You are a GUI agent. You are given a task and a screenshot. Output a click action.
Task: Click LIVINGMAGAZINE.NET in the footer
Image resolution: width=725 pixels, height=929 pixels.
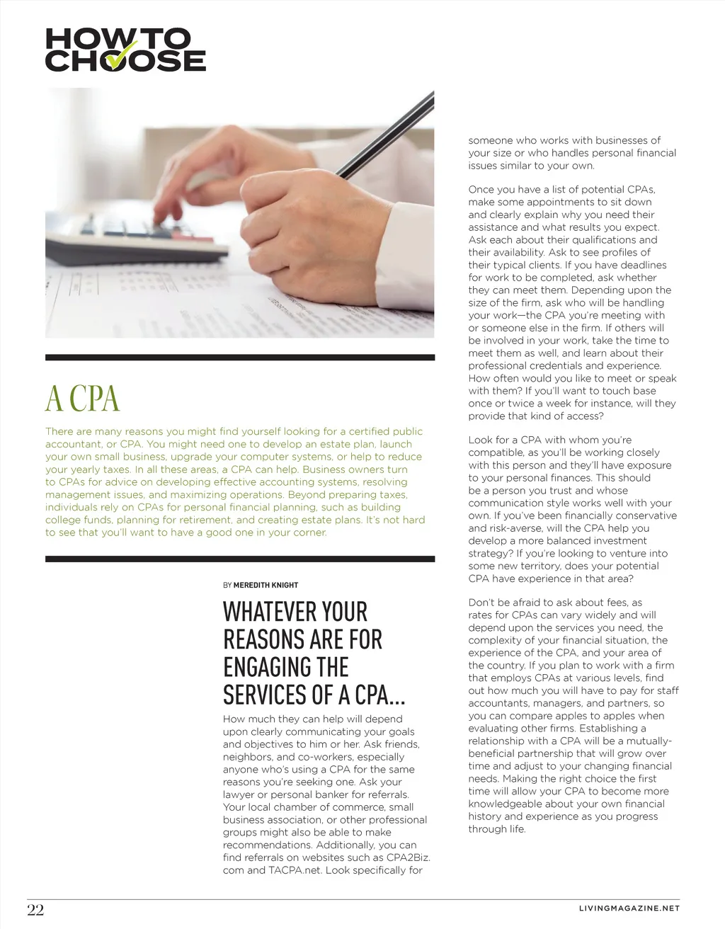click(x=629, y=908)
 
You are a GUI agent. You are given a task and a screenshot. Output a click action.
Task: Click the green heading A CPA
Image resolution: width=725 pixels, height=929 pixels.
click(x=83, y=399)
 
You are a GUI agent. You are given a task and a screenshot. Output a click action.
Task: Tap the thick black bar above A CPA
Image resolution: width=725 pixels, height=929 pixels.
click(x=240, y=358)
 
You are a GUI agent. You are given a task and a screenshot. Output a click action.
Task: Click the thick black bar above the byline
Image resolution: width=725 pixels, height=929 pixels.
click(x=240, y=559)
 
